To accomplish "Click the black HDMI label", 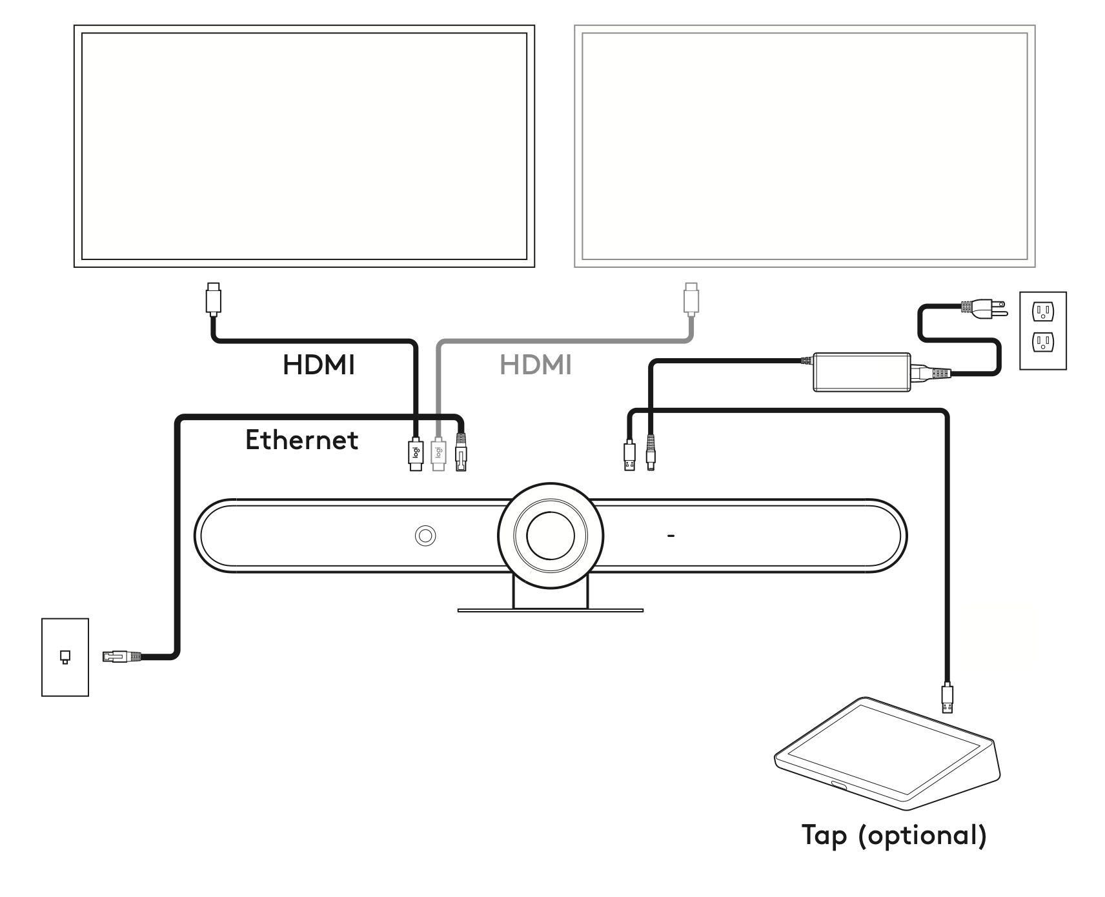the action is (x=319, y=365).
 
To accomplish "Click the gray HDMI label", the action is (x=536, y=365).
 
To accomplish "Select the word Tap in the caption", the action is (x=824, y=836).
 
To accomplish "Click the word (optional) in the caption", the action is (x=923, y=836).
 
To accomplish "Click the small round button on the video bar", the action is (x=425, y=535).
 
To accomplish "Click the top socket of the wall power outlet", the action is (x=1042, y=313).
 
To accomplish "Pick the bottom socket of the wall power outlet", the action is (x=1042, y=342).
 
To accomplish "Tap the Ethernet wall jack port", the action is (x=65, y=657).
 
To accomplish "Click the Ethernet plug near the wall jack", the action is (x=121, y=657).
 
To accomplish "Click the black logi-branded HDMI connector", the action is (x=416, y=454).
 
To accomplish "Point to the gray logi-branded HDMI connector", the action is (x=438, y=454).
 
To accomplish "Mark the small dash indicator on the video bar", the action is (x=671, y=536).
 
